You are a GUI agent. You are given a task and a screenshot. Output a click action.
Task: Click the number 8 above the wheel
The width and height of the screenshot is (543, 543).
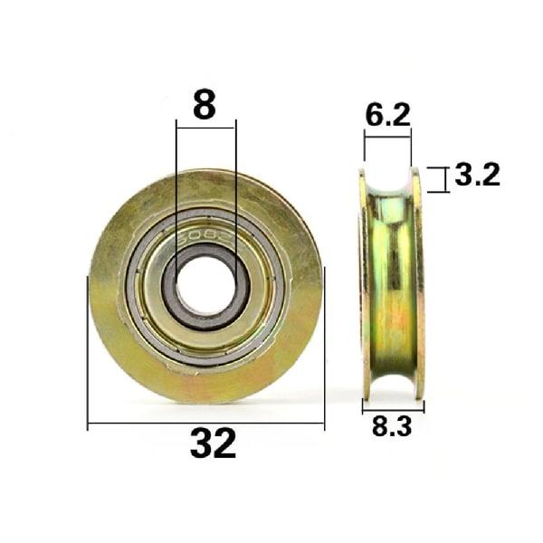(205, 106)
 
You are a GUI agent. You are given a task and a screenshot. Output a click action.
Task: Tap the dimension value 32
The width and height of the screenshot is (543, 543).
(214, 443)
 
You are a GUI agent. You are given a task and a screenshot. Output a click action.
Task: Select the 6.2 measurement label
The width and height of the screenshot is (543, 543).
(387, 115)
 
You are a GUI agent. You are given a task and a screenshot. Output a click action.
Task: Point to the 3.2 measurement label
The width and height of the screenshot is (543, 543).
(477, 175)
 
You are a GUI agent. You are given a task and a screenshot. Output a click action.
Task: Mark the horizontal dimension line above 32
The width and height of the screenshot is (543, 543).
(205, 423)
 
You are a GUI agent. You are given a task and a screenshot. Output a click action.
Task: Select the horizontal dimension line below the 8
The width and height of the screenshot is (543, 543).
(205, 128)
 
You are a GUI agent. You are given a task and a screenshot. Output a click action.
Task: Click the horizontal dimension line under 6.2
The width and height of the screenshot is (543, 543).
(387, 136)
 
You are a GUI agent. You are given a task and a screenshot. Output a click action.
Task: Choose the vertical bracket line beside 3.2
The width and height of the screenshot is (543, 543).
(444, 179)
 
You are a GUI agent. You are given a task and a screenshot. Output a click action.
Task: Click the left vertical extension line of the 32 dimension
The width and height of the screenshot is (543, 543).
(88, 353)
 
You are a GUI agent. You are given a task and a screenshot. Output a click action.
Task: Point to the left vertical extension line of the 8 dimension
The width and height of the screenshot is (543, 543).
(176, 181)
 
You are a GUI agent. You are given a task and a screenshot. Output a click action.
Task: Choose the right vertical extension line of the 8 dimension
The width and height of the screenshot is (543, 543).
(236, 181)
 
